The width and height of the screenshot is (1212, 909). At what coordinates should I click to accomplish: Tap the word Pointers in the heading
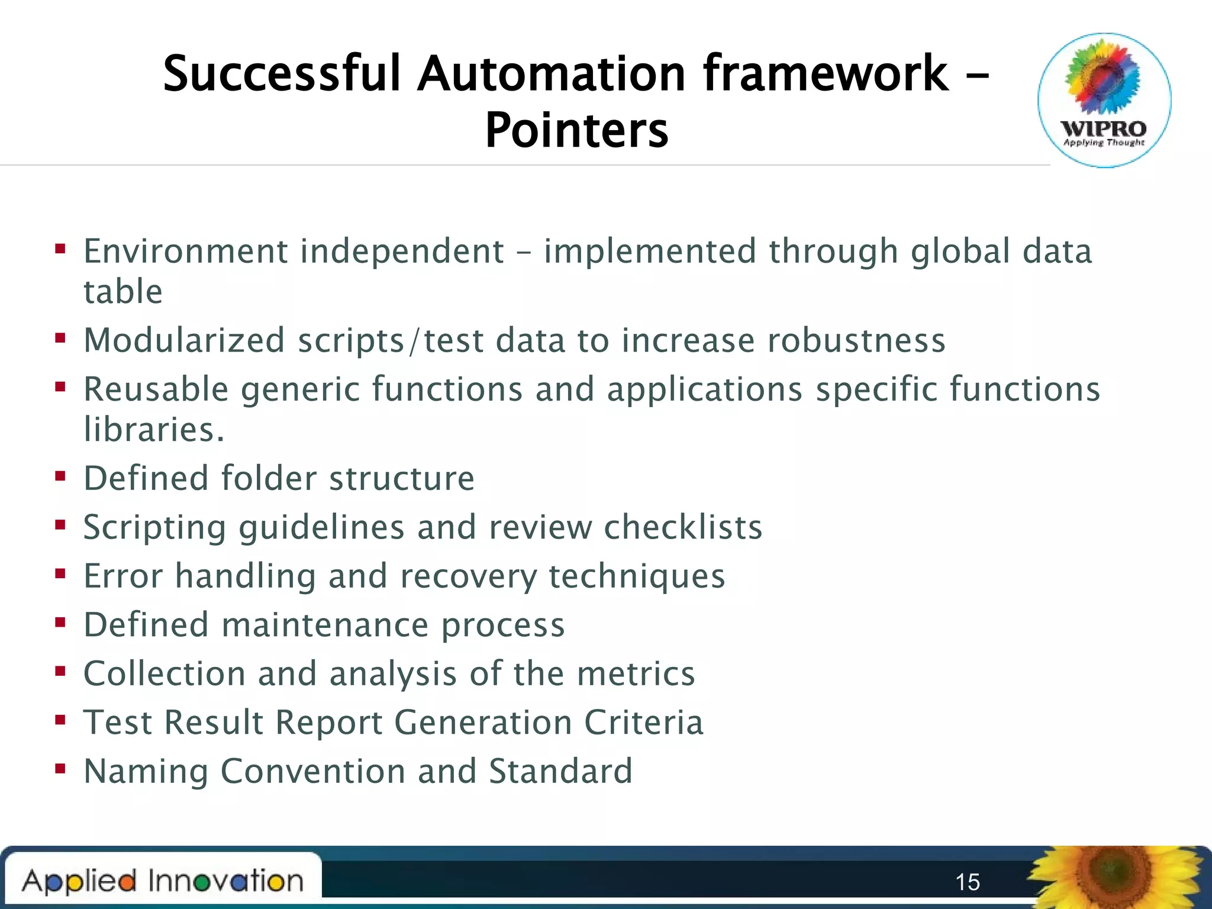click(x=576, y=130)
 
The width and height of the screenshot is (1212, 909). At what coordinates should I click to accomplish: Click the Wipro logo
click(x=1104, y=100)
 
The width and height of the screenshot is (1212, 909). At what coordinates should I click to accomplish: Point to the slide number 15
click(x=968, y=882)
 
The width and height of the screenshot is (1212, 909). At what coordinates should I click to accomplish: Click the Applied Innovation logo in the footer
click(x=163, y=881)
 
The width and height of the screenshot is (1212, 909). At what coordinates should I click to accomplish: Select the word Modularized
click(x=184, y=340)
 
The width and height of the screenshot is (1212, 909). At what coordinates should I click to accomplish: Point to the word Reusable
click(x=156, y=389)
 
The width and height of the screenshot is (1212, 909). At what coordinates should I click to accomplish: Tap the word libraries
click(x=153, y=429)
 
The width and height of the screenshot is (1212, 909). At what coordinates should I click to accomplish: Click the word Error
click(x=123, y=576)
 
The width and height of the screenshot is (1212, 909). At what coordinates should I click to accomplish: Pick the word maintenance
click(x=325, y=625)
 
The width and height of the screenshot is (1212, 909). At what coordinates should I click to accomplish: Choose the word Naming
click(x=146, y=772)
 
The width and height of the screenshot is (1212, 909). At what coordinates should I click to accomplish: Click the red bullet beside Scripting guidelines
click(x=60, y=525)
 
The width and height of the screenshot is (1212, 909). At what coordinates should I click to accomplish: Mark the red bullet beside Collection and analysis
click(x=60, y=672)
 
